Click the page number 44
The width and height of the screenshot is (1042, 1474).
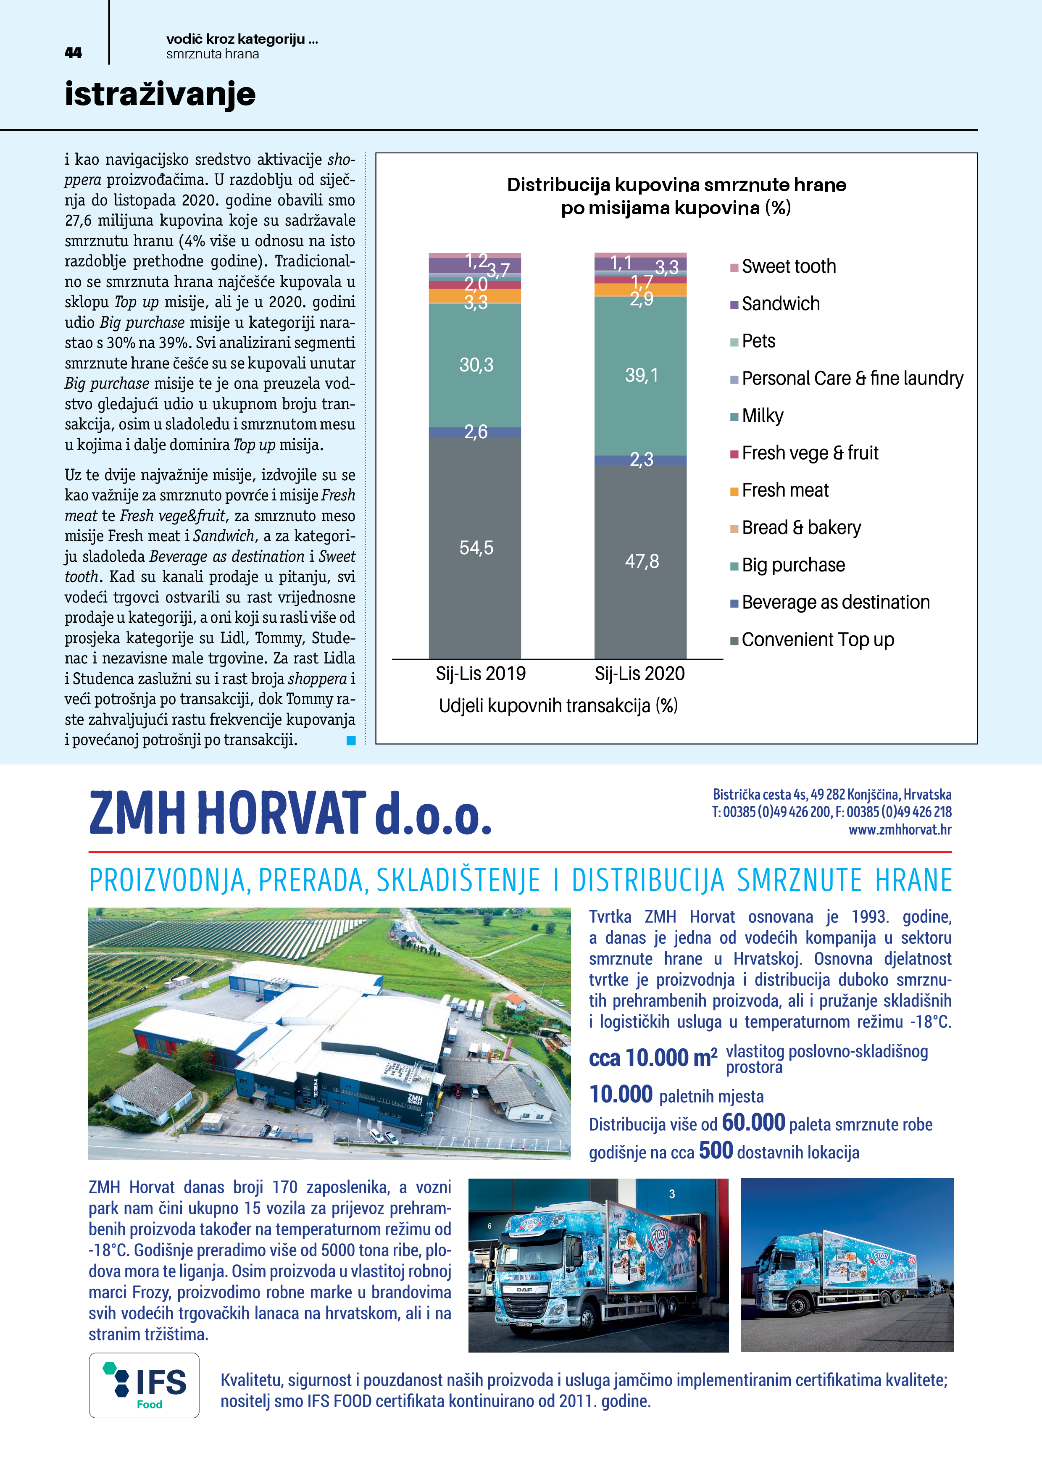click(73, 53)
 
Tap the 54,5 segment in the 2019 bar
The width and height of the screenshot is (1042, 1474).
click(476, 547)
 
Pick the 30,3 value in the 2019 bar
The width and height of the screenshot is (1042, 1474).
click(476, 365)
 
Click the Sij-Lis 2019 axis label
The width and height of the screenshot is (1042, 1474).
click(480, 674)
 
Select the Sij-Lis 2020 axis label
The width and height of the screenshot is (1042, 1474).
click(639, 674)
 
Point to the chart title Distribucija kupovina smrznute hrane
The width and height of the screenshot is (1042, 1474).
click(676, 185)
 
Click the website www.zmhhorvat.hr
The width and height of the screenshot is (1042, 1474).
click(900, 829)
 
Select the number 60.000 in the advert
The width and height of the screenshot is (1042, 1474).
click(753, 1122)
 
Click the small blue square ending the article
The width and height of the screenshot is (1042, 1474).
click(350, 741)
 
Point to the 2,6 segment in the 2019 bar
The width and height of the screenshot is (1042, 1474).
click(475, 432)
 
